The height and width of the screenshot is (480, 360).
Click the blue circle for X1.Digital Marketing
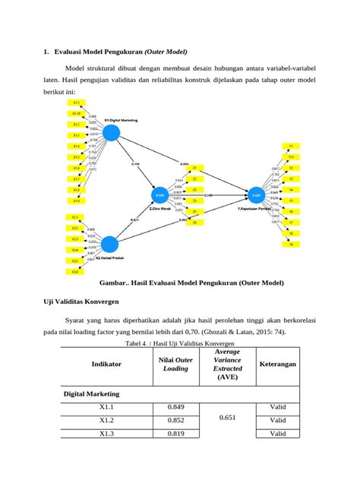[x=112, y=133]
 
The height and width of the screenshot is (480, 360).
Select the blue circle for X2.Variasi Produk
[x=110, y=244]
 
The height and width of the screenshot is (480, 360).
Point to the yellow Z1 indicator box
[x=194, y=167]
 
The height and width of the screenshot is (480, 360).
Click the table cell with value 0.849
[x=176, y=406]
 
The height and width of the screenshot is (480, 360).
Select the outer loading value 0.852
[x=176, y=420]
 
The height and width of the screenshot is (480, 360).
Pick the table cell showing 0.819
[x=176, y=434]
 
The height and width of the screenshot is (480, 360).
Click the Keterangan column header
[x=277, y=364]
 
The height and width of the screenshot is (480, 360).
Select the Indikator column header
[x=106, y=364]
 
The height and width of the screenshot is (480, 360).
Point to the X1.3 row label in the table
[x=106, y=434]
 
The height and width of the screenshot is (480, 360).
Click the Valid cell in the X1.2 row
[x=277, y=420]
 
